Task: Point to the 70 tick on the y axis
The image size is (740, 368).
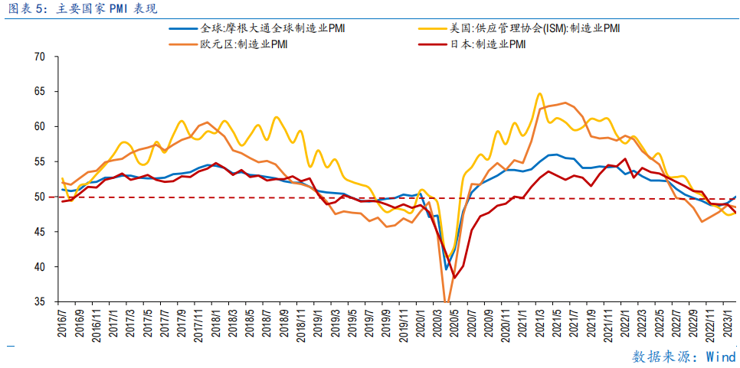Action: [40, 57]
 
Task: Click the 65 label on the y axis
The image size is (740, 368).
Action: [40, 92]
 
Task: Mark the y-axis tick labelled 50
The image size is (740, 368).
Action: [40, 197]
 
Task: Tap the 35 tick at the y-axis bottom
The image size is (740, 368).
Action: [40, 302]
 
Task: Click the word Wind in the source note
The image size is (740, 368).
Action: [720, 357]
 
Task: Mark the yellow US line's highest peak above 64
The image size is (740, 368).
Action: [539, 93]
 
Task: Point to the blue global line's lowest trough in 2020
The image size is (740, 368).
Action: [446, 269]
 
